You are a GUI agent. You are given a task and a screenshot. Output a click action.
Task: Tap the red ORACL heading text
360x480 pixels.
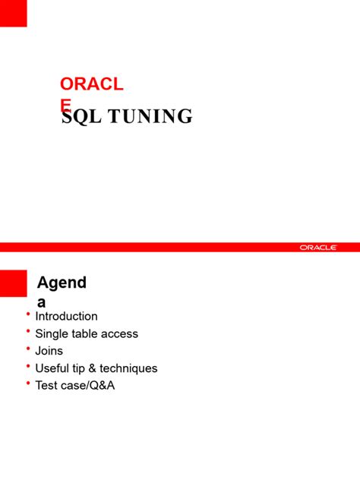pos(91,84)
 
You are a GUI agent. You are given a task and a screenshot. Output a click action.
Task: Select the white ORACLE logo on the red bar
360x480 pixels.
pos(317,247)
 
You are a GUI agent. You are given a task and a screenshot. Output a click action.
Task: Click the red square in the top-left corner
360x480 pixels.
pos(13,13)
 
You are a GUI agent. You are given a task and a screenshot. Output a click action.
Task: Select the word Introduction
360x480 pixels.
pos(66,316)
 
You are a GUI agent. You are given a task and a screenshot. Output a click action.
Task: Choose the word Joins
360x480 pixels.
pos(49,351)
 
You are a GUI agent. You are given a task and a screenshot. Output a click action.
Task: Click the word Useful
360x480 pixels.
pos(54,368)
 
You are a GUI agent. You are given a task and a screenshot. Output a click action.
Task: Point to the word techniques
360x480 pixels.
pos(128,368)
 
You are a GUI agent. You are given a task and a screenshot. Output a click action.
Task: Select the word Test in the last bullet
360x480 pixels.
pos(47,386)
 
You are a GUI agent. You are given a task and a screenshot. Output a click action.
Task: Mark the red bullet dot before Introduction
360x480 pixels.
pos(28,314)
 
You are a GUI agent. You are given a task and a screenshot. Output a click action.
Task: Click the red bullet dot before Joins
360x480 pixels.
pos(28,349)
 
